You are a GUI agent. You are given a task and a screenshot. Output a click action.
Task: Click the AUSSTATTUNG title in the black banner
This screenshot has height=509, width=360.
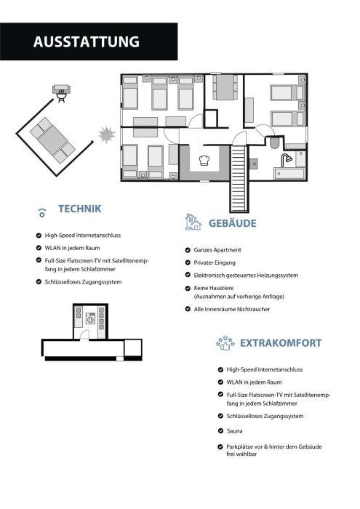(87, 42)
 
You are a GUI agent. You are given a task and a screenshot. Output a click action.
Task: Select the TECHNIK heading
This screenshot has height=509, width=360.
(80, 209)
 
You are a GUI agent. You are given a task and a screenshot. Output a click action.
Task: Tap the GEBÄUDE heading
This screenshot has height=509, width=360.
(233, 223)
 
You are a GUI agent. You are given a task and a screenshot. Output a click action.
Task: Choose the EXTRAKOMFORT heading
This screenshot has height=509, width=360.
(281, 342)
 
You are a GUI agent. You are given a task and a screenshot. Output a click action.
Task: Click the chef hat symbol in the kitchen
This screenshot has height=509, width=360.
(204, 161)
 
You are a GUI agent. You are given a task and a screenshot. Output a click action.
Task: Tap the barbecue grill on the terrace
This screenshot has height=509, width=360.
(61, 93)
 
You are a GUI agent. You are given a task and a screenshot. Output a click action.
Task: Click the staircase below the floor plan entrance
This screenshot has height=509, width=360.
(239, 179)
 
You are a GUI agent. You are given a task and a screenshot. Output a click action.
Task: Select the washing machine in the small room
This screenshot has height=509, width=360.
(91, 318)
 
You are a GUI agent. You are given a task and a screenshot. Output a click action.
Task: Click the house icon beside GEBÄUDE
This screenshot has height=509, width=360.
(193, 222)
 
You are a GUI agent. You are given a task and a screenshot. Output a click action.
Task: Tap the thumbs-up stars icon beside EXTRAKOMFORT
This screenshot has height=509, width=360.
(225, 343)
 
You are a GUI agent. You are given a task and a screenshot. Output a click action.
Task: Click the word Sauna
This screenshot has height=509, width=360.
(234, 431)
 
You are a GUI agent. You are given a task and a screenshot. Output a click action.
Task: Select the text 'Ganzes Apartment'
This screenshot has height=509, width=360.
(217, 250)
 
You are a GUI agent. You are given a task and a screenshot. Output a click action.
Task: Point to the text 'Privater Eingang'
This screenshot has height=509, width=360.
(215, 262)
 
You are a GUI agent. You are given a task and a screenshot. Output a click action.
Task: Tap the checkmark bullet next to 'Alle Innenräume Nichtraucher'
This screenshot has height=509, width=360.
(188, 309)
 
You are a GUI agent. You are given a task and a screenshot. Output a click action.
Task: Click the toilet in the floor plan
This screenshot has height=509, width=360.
(274, 143)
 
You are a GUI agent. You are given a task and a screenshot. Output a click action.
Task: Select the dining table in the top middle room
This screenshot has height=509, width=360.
(225, 87)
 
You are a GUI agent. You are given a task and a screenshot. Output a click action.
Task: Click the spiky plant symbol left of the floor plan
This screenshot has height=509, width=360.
(106, 135)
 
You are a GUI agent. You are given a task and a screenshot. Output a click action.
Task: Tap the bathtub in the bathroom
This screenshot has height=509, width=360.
(289, 174)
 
